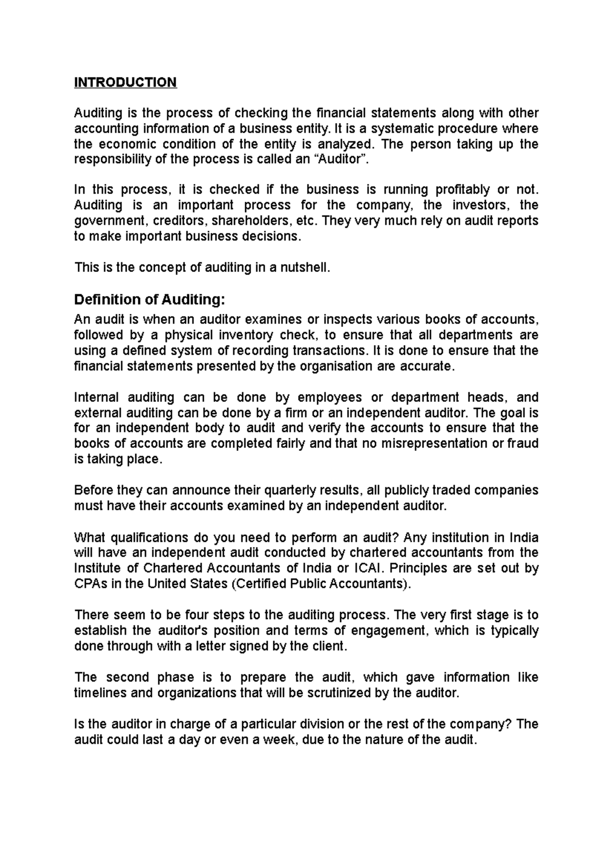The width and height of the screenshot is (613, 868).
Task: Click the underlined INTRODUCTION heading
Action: point(125,82)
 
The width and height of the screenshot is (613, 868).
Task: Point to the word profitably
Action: point(462,190)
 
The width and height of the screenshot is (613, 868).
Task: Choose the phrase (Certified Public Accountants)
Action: point(321,584)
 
